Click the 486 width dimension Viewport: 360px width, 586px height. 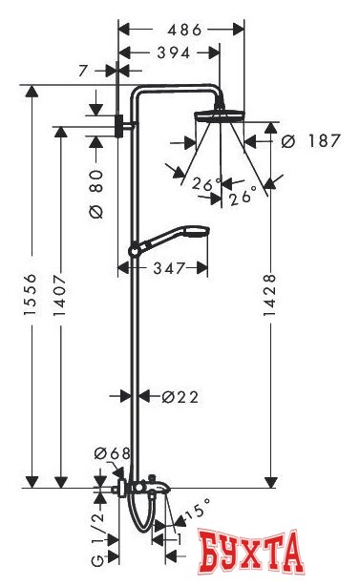pyautogui.click(x=184, y=30)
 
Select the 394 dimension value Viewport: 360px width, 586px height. pyautogui.click(x=174, y=52)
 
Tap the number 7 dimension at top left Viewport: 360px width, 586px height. pyautogui.click(x=84, y=71)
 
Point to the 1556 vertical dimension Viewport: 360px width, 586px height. pyautogui.click(x=31, y=294)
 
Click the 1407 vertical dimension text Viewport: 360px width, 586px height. pyautogui.click(x=60, y=295)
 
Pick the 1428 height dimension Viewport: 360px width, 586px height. pyautogui.click(x=269, y=295)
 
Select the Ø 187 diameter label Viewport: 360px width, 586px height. pyautogui.click(x=310, y=141)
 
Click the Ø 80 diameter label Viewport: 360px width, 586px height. pyautogui.click(x=96, y=194)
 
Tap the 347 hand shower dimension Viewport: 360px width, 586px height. pyautogui.click(x=169, y=267)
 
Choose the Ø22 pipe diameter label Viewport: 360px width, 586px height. pyautogui.click(x=180, y=396)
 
